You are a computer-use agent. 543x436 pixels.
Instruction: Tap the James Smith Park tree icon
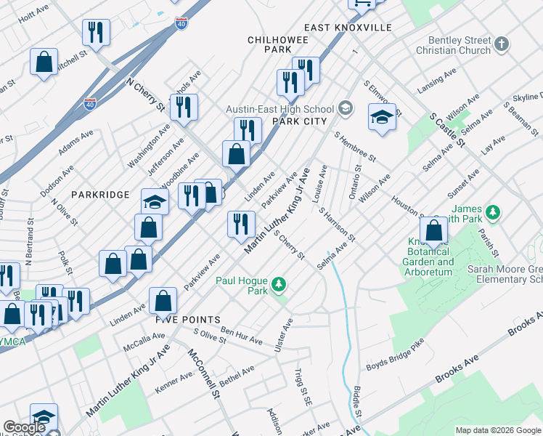point(494,212)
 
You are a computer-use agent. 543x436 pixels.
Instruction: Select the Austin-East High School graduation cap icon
point(346,109)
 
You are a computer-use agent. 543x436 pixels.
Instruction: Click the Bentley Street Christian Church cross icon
point(501,45)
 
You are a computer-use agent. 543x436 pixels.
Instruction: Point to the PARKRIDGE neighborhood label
point(100,195)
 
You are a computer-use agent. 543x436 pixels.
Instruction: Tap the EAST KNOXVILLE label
point(348,28)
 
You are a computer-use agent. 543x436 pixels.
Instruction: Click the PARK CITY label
point(299,121)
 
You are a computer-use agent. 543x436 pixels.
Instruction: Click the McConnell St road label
point(204,375)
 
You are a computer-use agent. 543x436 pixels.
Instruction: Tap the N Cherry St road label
point(144,94)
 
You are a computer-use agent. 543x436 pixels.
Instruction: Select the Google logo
point(24,427)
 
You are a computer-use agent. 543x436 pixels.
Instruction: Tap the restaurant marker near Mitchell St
point(97,32)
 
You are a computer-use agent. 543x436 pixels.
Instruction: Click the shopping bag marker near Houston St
point(433,230)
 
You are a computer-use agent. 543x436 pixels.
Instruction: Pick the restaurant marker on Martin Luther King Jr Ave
point(241,223)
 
